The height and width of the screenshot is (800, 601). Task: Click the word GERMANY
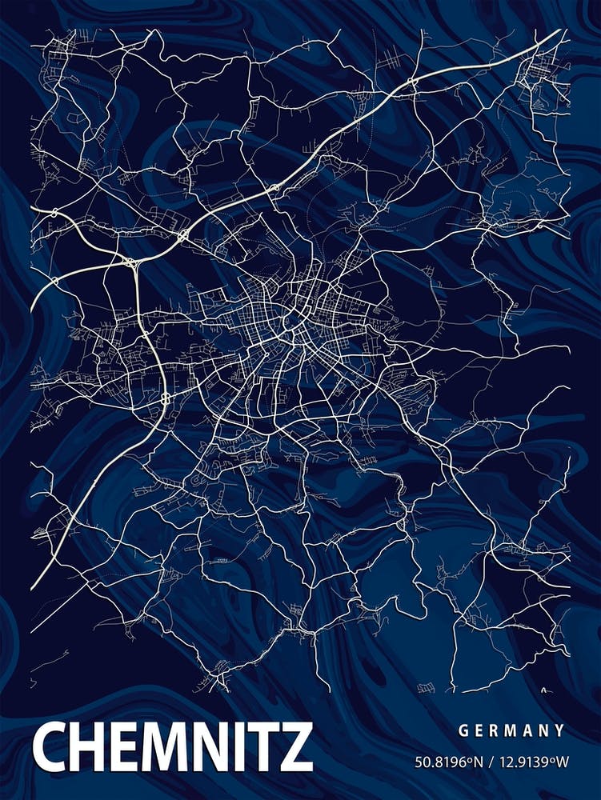(512, 730)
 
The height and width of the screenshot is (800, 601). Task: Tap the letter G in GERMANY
(463, 730)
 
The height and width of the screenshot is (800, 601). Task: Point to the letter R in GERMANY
(495, 730)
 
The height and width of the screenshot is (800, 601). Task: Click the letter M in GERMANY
(512, 730)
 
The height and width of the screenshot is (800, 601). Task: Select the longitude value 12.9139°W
(532, 762)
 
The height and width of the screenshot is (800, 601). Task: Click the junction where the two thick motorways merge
(130, 262)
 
